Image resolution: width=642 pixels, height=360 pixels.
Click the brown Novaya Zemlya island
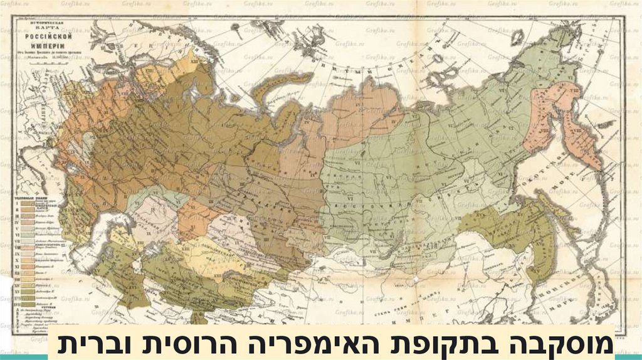(276, 88)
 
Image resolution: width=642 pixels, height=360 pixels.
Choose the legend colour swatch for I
(29, 203)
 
